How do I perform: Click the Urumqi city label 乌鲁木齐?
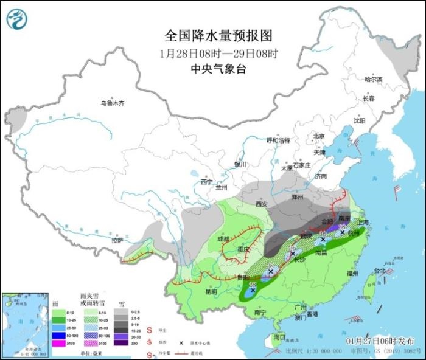(113, 103)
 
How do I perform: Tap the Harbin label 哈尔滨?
(373, 80)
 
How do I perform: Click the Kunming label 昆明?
(210, 291)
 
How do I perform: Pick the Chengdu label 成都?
(224, 239)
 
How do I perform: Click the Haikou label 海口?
(279, 337)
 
